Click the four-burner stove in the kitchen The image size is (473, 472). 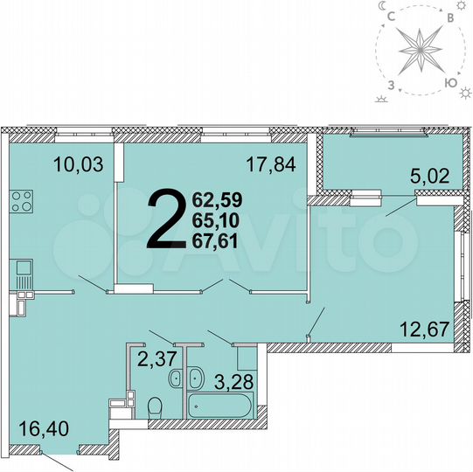tap(21, 200)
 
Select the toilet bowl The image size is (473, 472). tap(155, 406)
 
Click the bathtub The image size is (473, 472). tap(219, 406)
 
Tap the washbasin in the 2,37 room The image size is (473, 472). tap(176, 379)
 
